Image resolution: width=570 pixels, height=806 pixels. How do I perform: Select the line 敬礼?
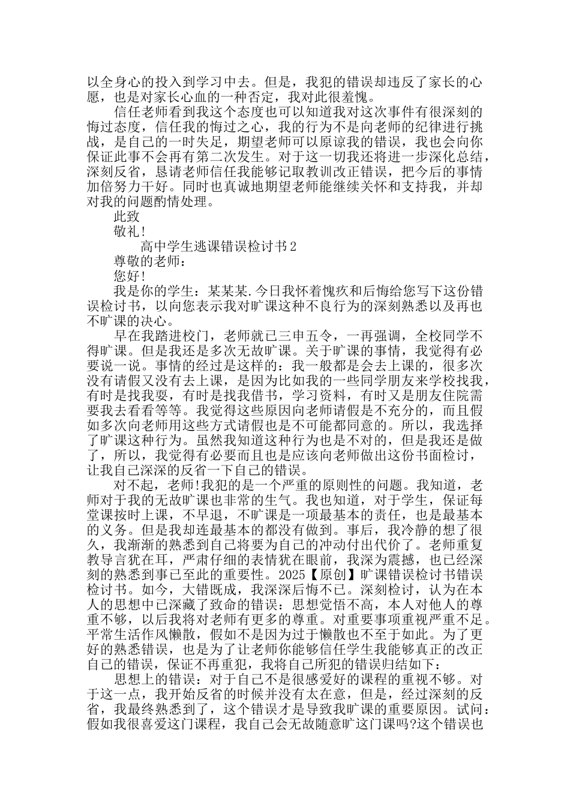coord(128,231)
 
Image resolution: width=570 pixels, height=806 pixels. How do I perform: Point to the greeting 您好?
coord(128,276)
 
